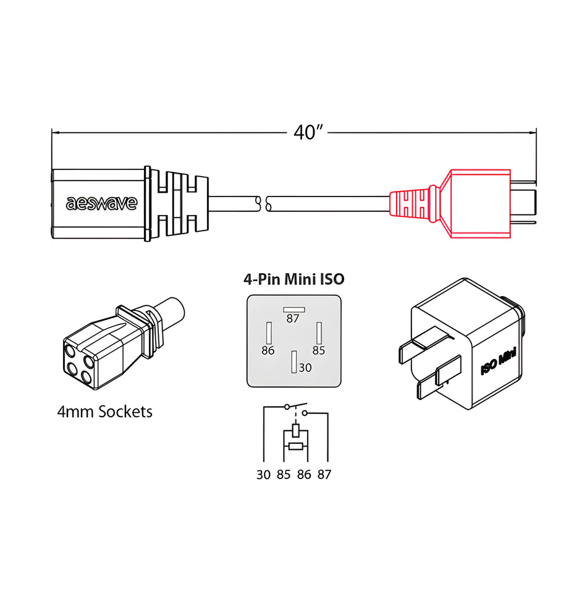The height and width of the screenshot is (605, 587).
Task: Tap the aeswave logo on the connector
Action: (x=101, y=203)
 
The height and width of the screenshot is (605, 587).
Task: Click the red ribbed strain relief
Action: (x=412, y=203)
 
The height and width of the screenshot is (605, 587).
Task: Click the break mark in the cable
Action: (x=263, y=203)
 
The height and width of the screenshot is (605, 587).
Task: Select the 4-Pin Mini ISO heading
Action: (x=293, y=279)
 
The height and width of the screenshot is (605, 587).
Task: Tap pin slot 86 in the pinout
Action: (x=268, y=334)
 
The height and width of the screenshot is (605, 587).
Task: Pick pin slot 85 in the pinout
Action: (x=319, y=334)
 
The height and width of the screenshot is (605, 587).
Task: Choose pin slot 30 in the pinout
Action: (x=294, y=362)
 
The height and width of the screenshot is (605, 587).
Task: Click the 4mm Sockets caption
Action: (x=104, y=412)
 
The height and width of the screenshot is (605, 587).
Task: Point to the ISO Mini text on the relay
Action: (x=498, y=362)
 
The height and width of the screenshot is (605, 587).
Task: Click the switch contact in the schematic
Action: (x=296, y=408)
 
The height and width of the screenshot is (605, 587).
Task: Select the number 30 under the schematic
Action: (x=264, y=475)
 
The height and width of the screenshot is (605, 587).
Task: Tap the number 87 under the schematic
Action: (x=324, y=475)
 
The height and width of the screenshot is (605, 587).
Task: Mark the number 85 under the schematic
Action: (x=284, y=475)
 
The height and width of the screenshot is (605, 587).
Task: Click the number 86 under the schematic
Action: (x=304, y=475)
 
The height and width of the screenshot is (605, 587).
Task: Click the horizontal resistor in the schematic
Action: (x=295, y=446)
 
